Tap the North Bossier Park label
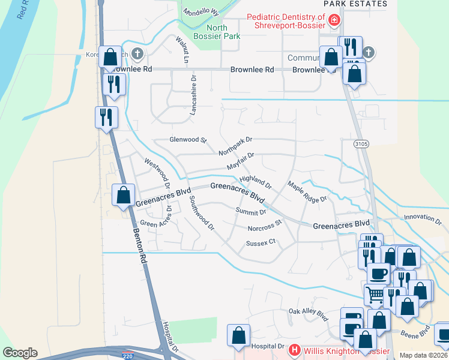[x=223, y=32]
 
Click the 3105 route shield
[x=361, y=144]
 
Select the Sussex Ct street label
[x=260, y=242]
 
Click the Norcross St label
[x=264, y=226]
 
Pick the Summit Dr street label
[x=251, y=211]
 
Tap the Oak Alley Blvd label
[x=309, y=313]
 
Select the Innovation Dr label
[x=423, y=217]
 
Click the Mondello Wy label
[x=201, y=12]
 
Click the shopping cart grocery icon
[x=375, y=295]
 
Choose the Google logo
[x=20, y=353]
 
